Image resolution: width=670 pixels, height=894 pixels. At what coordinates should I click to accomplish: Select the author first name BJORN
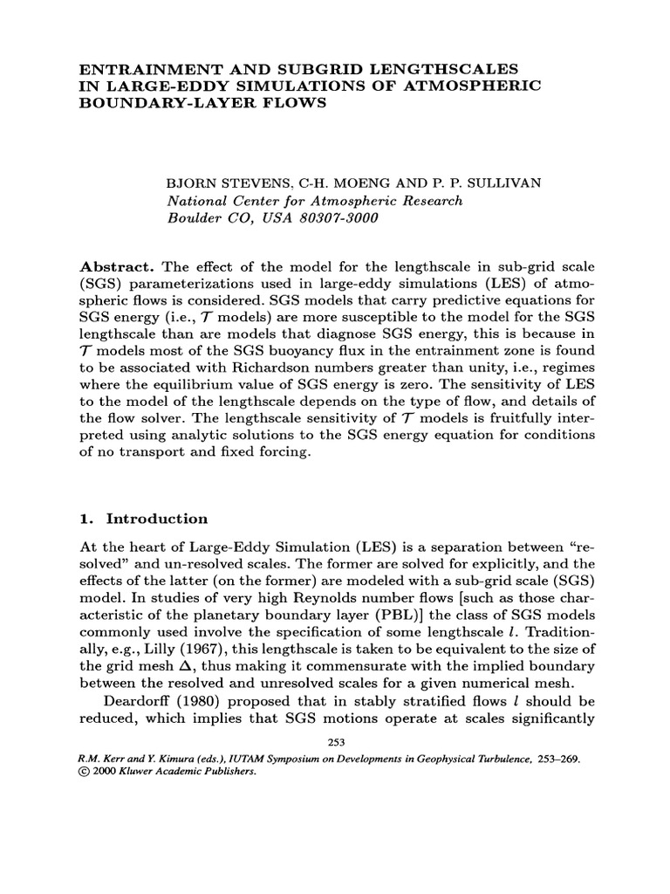click(190, 185)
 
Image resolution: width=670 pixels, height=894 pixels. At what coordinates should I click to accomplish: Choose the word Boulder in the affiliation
click(194, 218)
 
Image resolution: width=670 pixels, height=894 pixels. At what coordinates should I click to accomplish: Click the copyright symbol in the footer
click(84, 772)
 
